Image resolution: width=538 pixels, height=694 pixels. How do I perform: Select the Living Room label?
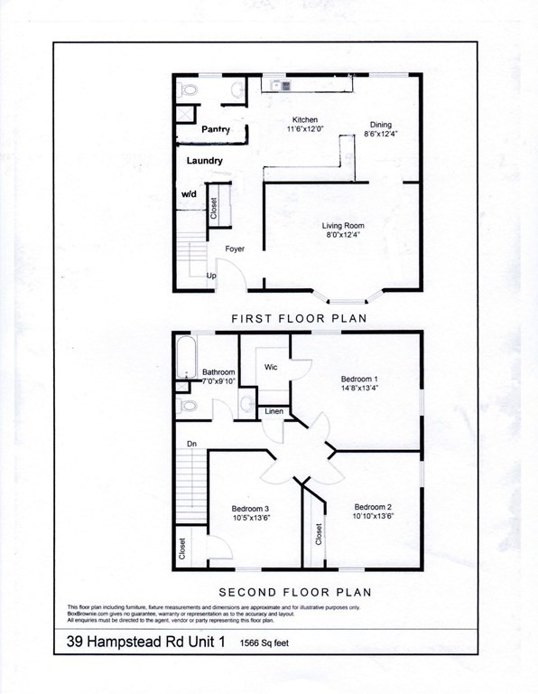343,226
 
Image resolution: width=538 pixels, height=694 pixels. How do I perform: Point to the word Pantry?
216,130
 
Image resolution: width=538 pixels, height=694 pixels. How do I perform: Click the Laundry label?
205,161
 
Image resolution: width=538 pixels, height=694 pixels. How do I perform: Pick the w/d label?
189,194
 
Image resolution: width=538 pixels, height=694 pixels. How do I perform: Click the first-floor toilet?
189,90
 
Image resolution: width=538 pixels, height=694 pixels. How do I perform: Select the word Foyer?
236,248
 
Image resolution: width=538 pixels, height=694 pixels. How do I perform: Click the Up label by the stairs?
211,276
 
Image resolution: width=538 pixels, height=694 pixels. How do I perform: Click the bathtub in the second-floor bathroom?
184,356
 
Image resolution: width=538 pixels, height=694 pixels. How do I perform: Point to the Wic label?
270,368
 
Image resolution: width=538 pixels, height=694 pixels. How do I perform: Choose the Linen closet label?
274,412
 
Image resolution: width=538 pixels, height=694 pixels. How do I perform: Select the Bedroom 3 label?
250,508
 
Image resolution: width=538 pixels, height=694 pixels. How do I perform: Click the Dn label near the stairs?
191,444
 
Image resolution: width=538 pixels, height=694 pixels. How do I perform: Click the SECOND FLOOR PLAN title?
294,592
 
